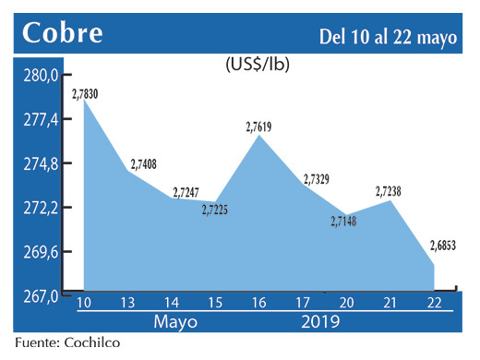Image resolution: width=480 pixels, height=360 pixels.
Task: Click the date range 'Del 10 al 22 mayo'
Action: [x=388, y=36]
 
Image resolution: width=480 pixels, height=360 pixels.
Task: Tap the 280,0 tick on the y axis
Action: [x=40, y=76]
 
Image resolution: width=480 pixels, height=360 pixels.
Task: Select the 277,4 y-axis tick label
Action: [x=40, y=120]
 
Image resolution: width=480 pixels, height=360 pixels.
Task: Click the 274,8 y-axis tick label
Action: [x=40, y=163]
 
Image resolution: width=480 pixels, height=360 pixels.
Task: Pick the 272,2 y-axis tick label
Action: [x=40, y=208]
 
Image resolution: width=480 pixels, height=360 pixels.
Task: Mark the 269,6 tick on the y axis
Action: [x=40, y=252]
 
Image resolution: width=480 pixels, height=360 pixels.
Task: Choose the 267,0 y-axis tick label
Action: [x=40, y=295]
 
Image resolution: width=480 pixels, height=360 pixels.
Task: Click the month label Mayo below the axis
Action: [x=174, y=323]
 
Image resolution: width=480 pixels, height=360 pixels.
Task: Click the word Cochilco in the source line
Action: [x=90, y=343]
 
